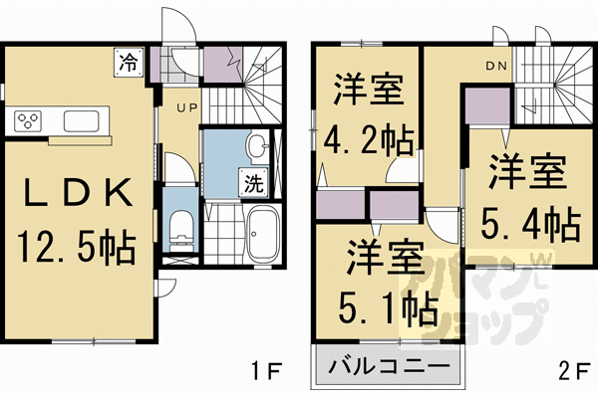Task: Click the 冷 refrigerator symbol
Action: click(129, 61)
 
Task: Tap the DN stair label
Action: click(496, 67)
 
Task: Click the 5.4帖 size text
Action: click(527, 223)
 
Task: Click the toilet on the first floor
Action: click(181, 231)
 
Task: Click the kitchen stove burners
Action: click(28, 121)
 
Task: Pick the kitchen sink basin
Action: click(80, 121)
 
